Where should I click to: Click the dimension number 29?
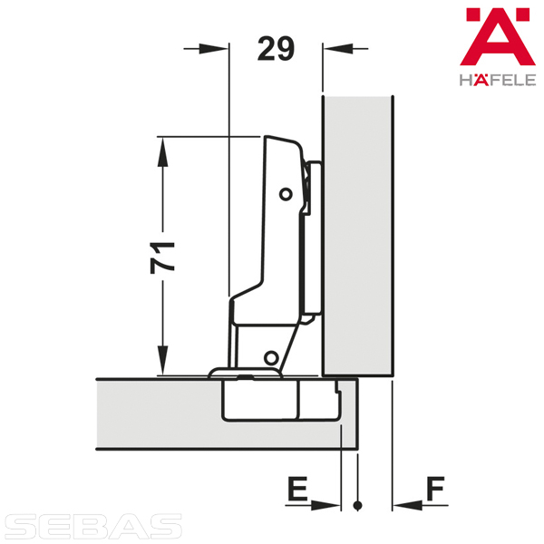[276, 49]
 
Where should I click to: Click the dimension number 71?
[162, 257]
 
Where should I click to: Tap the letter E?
[297, 489]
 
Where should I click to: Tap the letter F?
[435, 489]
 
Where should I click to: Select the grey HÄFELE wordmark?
[498, 80]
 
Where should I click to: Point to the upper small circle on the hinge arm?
[286, 194]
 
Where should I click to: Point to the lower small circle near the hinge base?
[271, 357]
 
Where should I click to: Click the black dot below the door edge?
[358, 506]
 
